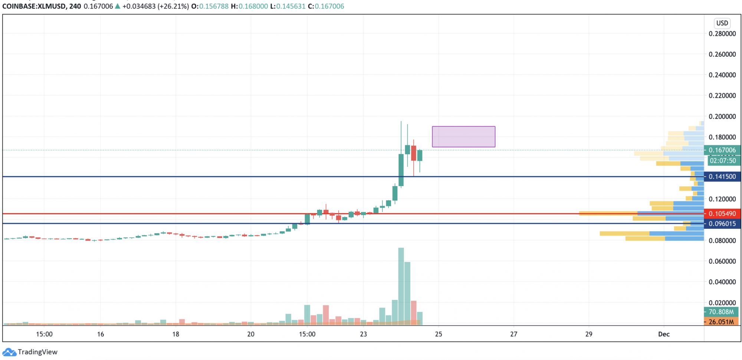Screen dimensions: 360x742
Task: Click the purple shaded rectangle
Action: (463, 137)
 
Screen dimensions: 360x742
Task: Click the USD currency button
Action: (722, 23)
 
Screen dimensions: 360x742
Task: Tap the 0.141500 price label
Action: (722, 176)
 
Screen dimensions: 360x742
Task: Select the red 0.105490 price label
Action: (722, 214)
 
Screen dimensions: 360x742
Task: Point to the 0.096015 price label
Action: (722, 224)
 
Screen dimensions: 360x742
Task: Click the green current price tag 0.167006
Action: (722, 150)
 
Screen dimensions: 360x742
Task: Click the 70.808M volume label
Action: (721, 312)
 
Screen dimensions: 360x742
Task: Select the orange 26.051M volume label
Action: (721, 322)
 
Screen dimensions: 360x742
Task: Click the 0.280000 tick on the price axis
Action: (722, 34)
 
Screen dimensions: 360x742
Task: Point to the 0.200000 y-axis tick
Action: (722, 116)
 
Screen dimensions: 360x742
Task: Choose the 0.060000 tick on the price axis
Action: (722, 261)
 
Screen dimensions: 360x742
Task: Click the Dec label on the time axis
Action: (664, 334)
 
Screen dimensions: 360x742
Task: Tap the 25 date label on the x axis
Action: (439, 334)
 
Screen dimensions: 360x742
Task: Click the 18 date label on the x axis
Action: (175, 334)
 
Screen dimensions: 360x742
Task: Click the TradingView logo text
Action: (37, 352)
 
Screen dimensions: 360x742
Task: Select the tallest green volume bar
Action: (401, 285)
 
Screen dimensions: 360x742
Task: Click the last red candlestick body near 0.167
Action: (414, 153)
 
